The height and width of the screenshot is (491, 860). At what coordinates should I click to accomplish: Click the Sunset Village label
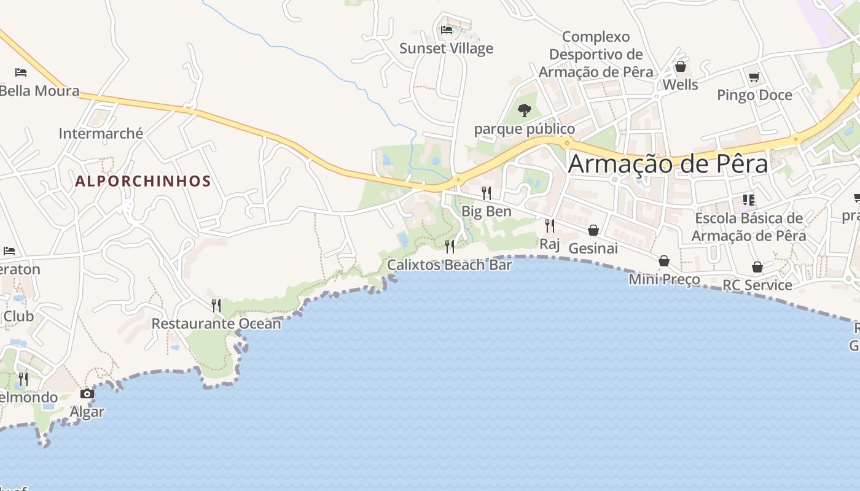click(446, 48)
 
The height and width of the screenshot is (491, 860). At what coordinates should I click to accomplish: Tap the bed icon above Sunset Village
click(447, 29)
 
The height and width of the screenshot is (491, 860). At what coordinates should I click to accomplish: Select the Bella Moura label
click(39, 91)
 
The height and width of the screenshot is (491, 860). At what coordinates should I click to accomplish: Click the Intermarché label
click(101, 133)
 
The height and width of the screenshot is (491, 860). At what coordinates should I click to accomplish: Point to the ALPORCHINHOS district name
click(143, 182)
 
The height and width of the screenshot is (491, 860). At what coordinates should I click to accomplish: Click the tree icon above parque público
click(525, 110)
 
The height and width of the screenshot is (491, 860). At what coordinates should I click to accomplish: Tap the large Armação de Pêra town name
click(668, 164)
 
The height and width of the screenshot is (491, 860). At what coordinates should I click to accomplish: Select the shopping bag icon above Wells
click(680, 66)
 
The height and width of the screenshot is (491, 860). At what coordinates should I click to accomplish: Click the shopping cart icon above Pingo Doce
click(754, 77)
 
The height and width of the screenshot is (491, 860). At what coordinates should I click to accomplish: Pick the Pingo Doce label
click(754, 95)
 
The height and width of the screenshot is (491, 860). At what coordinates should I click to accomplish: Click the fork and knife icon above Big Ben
click(487, 193)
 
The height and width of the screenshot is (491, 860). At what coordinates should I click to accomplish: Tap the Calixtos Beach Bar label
click(449, 265)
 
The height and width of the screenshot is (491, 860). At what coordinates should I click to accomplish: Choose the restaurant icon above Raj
click(550, 226)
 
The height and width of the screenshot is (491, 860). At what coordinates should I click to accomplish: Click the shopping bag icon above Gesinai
click(593, 230)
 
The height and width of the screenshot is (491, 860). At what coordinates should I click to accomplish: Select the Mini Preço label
click(664, 280)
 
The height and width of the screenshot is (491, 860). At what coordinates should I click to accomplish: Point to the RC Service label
click(757, 285)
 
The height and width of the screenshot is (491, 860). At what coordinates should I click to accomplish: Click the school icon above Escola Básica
click(748, 200)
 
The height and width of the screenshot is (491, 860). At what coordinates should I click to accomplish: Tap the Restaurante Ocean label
click(216, 323)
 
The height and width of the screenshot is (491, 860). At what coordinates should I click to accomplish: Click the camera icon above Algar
click(87, 393)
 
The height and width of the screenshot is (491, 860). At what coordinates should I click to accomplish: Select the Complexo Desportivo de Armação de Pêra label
click(596, 55)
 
